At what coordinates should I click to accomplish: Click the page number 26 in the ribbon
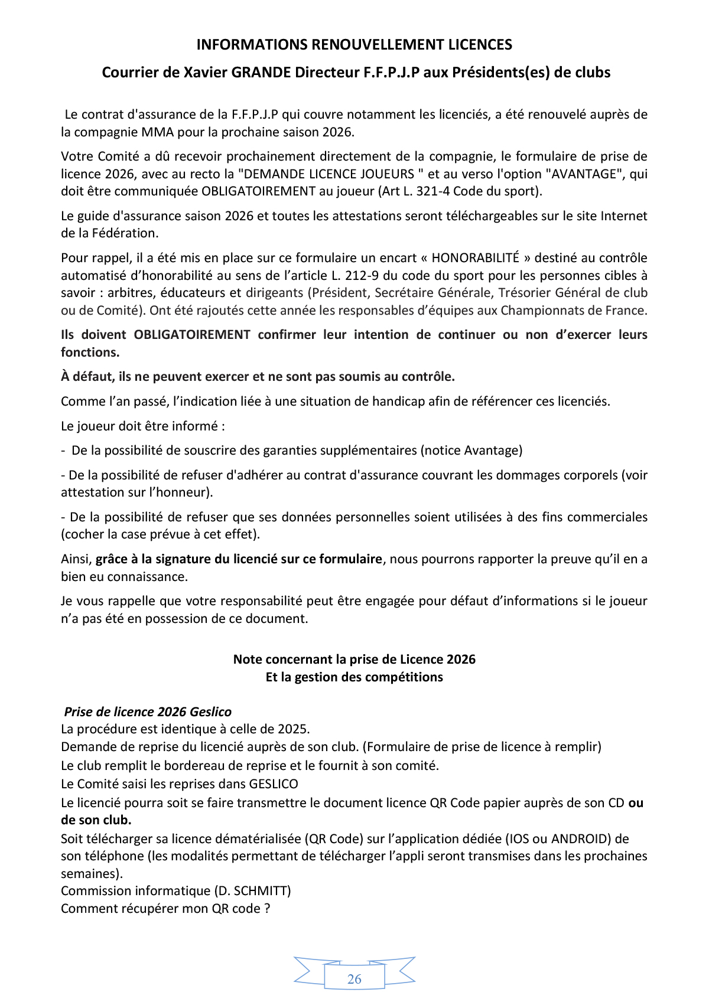pos(354,979)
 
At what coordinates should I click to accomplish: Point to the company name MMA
pos(157,132)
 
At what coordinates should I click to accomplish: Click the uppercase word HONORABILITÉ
pos(476,258)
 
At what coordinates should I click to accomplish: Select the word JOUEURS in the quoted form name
pos(389,174)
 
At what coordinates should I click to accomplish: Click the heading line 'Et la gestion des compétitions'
pos(354,677)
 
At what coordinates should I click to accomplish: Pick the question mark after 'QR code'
pos(267,909)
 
